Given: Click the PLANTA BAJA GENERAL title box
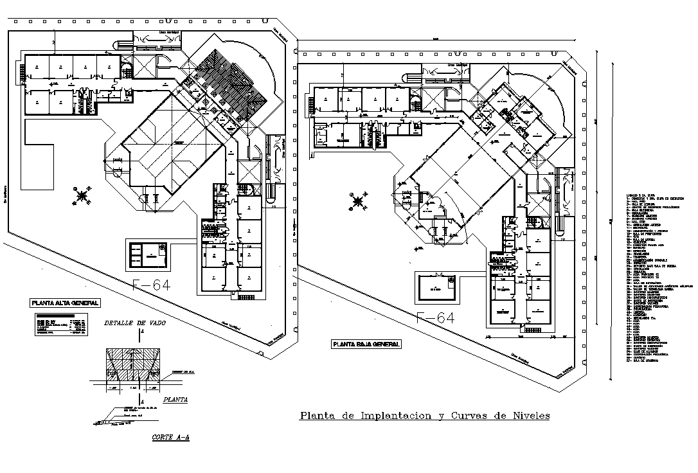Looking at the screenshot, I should click(x=366, y=344).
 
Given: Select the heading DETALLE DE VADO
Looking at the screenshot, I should click(x=135, y=323).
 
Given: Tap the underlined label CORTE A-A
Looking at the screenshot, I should click(x=170, y=437).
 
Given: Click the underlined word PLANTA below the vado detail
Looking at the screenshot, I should click(x=175, y=399).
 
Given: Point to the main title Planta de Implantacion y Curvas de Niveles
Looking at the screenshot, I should click(x=425, y=416).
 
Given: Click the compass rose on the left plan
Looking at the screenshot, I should click(x=83, y=195).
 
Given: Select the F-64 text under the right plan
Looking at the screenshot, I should click(x=435, y=317).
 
